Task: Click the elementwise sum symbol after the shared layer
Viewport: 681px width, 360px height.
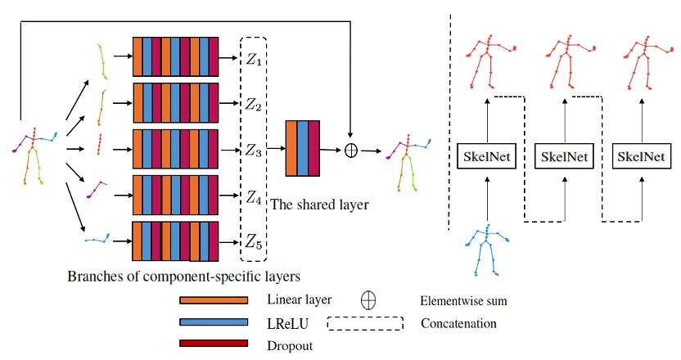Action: click(350, 150)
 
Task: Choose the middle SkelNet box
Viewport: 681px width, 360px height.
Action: click(564, 155)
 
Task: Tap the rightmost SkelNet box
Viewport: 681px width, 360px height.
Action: click(641, 155)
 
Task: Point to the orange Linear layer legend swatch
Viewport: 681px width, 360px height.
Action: click(213, 301)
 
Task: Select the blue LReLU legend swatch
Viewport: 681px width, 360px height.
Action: click(213, 322)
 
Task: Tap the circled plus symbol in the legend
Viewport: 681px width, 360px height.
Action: click(368, 300)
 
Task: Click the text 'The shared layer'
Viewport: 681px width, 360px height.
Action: click(319, 205)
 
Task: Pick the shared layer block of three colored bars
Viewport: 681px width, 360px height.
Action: click(302, 148)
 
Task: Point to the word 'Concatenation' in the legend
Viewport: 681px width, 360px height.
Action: click(458, 323)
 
